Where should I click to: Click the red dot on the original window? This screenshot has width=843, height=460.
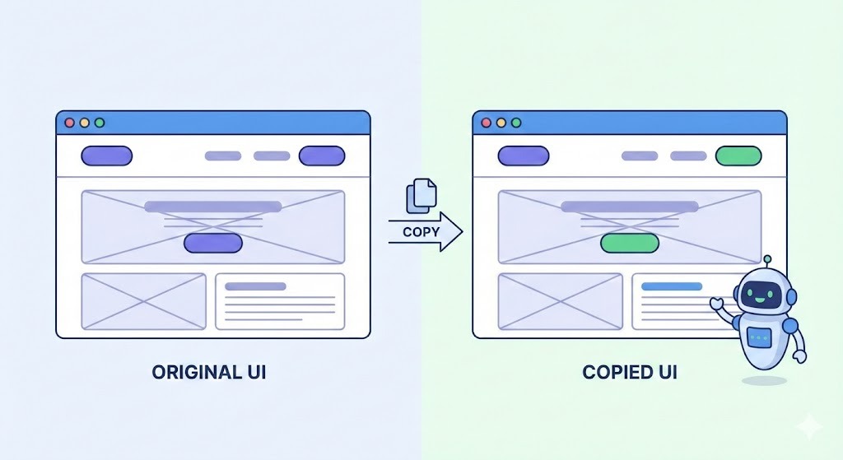coord(70,123)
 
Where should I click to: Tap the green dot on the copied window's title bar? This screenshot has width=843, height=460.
coord(516,123)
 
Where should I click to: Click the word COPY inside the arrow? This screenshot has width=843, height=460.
coord(421,232)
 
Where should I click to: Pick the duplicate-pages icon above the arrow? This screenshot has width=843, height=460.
coord(421,196)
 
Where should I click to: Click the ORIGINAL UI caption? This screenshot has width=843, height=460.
coord(209,372)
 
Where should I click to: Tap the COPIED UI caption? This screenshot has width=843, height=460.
coord(630,372)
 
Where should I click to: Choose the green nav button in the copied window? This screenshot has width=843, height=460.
coord(738,156)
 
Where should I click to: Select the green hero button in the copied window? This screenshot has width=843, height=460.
coord(630,243)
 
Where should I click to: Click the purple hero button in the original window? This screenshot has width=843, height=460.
coord(213,243)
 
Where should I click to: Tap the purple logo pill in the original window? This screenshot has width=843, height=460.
coord(106,156)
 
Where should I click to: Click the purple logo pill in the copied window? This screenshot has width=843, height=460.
coord(523,156)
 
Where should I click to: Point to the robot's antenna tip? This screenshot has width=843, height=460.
coord(767,258)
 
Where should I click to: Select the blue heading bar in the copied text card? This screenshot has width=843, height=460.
coord(672,286)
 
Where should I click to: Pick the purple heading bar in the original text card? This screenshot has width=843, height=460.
coord(255,286)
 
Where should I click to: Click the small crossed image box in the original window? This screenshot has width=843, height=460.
coord(143,301)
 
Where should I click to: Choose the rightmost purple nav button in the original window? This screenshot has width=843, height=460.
coord(322,156)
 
